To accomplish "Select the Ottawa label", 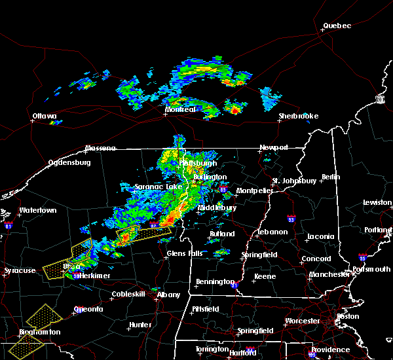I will [45, 117].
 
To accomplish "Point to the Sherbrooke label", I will [298, 117].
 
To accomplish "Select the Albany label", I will [168, 295].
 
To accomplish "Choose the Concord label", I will [315, 259].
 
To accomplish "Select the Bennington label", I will [214, 282].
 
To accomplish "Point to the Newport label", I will [273, 147].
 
